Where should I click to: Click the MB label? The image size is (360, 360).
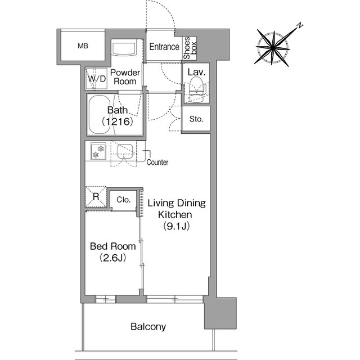[x=83, y=46]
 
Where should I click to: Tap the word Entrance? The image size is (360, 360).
[x=164, y=47]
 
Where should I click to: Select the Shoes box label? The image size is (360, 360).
[x=190, y=48]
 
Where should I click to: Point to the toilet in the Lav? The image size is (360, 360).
[x=196, y=89]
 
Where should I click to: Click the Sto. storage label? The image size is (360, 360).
[x=196, y=119]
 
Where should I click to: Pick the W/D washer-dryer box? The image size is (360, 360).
[x=96, y=79]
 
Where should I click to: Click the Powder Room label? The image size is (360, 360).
[x=125, y=77]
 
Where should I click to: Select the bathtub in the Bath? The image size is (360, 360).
[x=100, y=115]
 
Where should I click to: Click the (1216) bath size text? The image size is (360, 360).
[x=118, y=121]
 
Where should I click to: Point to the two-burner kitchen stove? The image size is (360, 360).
[x=98, y=151]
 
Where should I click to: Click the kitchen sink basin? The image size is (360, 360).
[x=125, y=151]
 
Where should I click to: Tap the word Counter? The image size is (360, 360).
[x=157, y=163]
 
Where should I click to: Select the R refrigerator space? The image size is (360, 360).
[x=96, y=196]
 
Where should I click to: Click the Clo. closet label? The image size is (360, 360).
[x=124, y=200]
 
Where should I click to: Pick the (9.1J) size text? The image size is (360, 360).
[x=176, y=226]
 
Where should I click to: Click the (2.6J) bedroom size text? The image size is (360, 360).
[x=112, y=258]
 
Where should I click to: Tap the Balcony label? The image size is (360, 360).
[x=148, y=326]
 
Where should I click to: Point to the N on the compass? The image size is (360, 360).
[x=299, y=25]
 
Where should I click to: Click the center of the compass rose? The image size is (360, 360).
[x=273, y=48]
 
